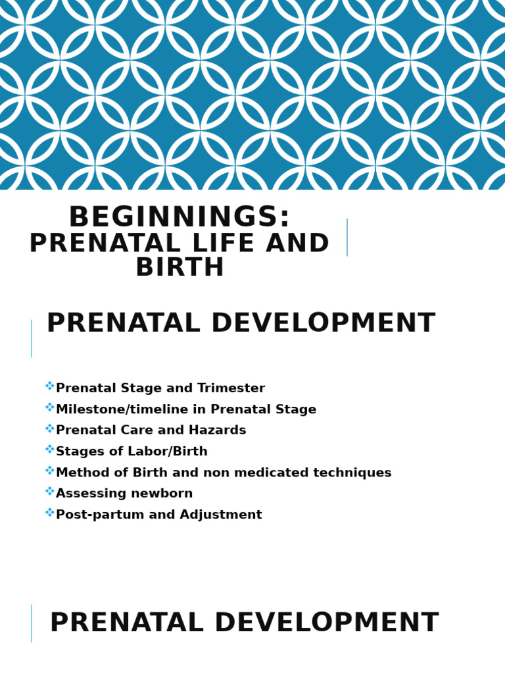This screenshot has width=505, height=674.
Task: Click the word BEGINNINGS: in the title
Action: pyautogui.click(x=179, y=218)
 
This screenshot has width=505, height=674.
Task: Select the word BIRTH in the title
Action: pyautogui.click(x=180, y=268)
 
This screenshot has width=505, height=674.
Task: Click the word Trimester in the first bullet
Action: pyautogui.click(x=232, y=389)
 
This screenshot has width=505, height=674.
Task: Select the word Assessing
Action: pyautogui.click(x=87, y=494)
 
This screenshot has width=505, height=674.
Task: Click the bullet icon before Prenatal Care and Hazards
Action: pyautogui.click(x=50, y=428)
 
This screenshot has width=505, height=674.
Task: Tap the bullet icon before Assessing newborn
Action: pyautogui.click(x=50, y=492)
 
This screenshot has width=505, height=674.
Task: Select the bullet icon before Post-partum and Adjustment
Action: pyautogui.click(x=50, y=513)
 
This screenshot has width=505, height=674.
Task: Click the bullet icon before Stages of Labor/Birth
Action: pyautogui.click(x=50, y=450)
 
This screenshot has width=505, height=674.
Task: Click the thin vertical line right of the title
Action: pyautogui.click(x=347, y=237)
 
